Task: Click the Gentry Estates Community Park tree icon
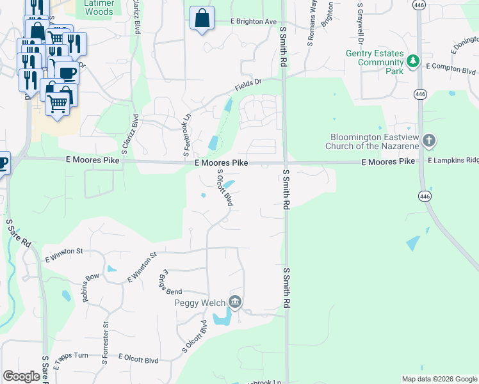(x=414, y=61)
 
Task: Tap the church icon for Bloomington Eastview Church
(x=429, y=140)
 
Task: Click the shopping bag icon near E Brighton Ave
(x=202, y=20)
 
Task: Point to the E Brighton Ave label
(x=254, y=21)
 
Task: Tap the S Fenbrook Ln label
(x=187, y=135)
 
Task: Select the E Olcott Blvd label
(x=138, y=360)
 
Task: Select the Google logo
(x=21, y=376)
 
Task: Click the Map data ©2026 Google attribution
(x=438, y=378)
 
